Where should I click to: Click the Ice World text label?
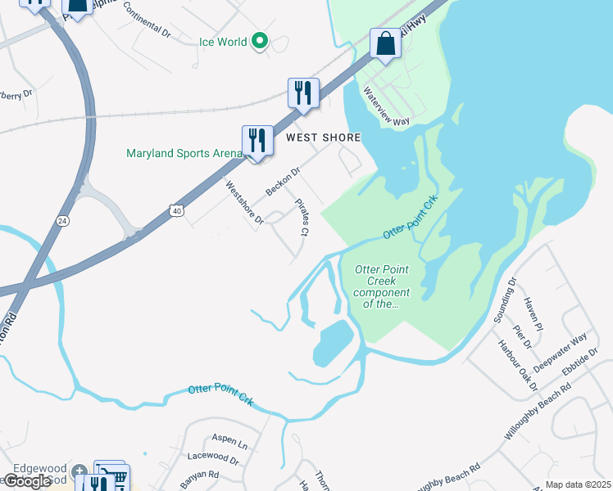coord(223,42)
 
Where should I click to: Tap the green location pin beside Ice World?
coord(260,40)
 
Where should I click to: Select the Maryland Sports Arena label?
coord(184,153)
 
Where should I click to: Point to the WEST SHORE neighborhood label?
coord(323,138)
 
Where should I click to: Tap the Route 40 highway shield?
coord(176,211)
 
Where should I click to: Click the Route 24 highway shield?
coord(62,221)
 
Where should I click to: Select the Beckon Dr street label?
coord(284,183)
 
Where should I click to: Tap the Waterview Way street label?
coord(386,107)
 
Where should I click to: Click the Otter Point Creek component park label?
coord(381,286)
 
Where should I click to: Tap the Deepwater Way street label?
coord(561,353)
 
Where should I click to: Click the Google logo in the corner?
coord(27,481)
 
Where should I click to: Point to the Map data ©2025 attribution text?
coord(578,484)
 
